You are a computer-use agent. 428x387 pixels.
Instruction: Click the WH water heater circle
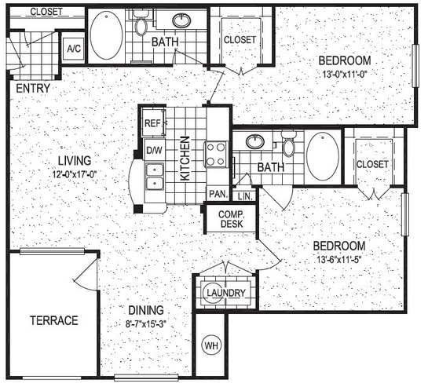211,346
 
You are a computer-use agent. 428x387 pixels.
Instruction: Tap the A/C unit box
74,49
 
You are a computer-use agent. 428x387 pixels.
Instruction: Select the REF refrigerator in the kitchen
153,122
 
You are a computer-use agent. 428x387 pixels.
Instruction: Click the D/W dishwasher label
154,150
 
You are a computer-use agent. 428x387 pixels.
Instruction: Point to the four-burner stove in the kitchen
216,155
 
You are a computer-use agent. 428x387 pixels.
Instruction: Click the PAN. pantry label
218,194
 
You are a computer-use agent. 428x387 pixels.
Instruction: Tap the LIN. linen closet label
245,196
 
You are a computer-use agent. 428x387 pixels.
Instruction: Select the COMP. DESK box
231,219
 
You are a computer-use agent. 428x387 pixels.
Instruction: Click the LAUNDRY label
226,293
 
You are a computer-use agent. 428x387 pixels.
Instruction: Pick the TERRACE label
54,320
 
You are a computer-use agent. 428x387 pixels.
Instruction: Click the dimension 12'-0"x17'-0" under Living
75,173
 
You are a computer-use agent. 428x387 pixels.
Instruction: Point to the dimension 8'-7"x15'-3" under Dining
146,324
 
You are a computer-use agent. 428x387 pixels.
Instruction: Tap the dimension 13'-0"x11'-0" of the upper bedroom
345,74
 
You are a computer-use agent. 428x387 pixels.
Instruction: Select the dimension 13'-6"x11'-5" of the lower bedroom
339,259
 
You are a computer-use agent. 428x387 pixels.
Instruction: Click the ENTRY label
33,89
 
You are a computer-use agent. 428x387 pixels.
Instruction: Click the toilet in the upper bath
141,24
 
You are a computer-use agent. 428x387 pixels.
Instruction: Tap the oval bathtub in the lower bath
323,156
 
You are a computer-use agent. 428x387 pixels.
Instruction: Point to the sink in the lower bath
255,141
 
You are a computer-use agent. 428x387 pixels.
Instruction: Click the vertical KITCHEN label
185,159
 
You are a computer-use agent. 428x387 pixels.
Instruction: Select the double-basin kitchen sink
155,177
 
